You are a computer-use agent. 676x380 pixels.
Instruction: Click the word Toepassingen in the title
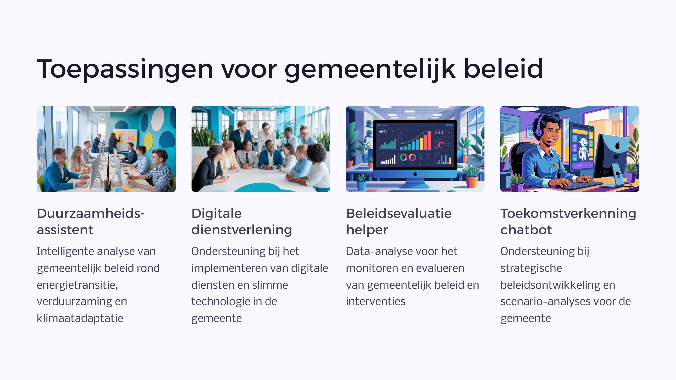pyautogui.click(x=125, y=69)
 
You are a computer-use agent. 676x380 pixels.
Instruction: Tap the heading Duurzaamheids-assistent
pyautogui.click(x=91, y=222)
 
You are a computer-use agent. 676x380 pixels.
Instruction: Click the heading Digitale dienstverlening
pyautogui.click(x=242, y=222)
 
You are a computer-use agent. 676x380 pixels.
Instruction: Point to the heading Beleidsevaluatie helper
pyautogui.click(x=399, y=222)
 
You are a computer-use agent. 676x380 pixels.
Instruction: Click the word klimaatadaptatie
pyautogui.click(x=80, y=318)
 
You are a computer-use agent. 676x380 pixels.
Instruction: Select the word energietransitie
pyautogui.click(x=77, y=285)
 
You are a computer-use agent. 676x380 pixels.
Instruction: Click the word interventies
pyautogui.click(x=376, y=301)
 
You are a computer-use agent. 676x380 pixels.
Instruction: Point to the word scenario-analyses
pyautogui.click(x=544, y=301)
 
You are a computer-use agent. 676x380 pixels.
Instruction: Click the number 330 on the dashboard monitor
pyautogui.click(x=439, y=132)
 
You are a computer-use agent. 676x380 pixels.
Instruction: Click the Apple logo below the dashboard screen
pyautogui.click(x=415, y=174)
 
